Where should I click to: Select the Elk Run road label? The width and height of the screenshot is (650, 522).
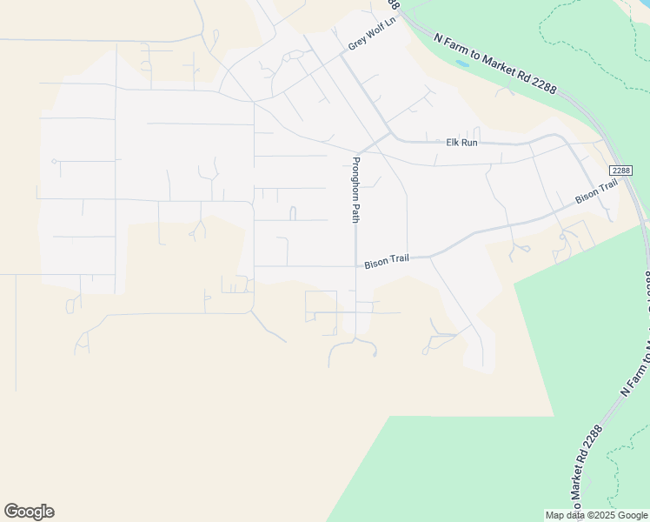[x=461, y=142]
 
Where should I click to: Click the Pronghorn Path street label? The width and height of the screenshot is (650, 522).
[x=355, y=190]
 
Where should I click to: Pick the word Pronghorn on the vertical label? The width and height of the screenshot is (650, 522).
[x=355, y=180]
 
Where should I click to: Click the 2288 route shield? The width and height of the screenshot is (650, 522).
[x=620, y=170]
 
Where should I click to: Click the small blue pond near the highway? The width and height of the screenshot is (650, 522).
[x=462, y=64]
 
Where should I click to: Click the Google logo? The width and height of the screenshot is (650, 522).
[x=29, y=512]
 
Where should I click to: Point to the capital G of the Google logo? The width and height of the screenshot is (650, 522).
[x=11, y=512]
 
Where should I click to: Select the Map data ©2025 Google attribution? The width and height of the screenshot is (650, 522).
[x=596, y=515]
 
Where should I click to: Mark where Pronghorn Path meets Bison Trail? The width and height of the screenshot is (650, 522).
[x=355, y=265]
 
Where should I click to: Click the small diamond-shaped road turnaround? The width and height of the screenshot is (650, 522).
[x=295, y=55]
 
